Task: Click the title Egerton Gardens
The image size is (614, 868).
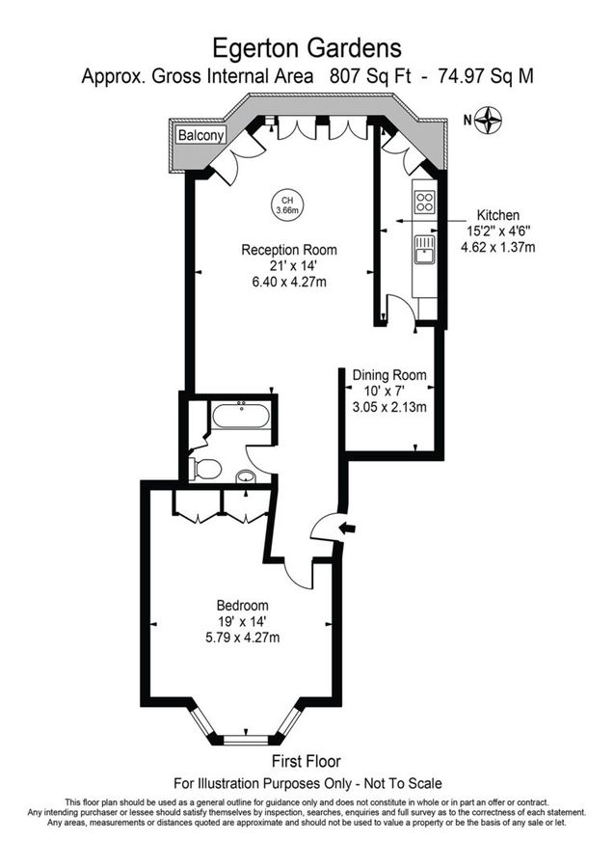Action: tap(307, 46)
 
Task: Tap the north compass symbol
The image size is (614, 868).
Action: tap(493, 120)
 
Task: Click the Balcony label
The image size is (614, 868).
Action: tap(200, 136)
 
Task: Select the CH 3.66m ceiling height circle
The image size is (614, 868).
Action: tap(286, 204)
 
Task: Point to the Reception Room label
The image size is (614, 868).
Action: tap(288, 250)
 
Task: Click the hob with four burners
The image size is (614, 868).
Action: tap(424, 202)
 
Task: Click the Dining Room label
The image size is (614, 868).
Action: tap(388, 374)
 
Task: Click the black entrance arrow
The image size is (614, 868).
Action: tap(349, 527)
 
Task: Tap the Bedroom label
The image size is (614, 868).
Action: tap(242, 605)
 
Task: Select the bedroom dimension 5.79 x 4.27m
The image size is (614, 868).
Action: tap(242, 637)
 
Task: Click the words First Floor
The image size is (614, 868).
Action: tap(307, 761)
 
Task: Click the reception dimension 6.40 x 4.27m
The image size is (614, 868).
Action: tap(288, 283)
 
